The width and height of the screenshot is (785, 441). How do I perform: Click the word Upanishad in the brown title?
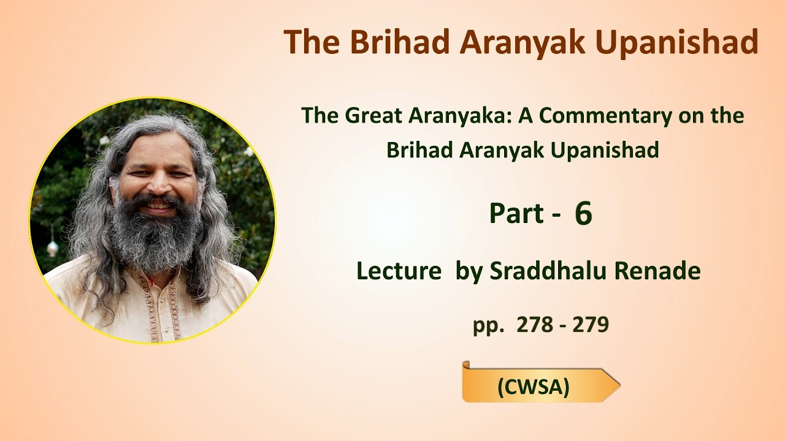click(676, 43)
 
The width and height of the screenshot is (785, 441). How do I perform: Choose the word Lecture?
click(399, 271)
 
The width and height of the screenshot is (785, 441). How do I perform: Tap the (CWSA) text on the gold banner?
click(534, 387)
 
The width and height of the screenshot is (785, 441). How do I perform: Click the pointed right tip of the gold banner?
click(619, 386)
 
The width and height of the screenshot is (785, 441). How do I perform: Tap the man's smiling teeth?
click(158, 205)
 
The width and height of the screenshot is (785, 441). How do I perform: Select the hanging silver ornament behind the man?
click(53, 247)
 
